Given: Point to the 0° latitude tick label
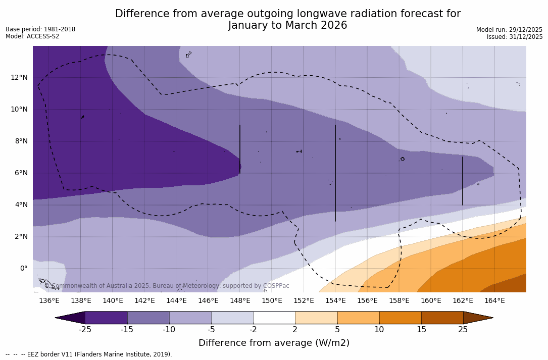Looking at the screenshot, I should [x=23, y=269].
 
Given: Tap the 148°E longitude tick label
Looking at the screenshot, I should [x=240, y=301].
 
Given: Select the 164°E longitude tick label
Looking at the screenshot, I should [x=494, y=301].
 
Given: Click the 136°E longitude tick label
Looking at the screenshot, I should [x=49, y=301].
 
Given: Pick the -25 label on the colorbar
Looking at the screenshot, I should [x=85, y=330].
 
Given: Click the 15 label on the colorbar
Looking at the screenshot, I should [x=421, y=330].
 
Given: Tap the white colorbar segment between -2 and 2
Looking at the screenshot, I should [x=274, y=318].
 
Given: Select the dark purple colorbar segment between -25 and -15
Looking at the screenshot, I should [x=106, y=318].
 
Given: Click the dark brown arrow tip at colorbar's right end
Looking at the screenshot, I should [x=477, y=318].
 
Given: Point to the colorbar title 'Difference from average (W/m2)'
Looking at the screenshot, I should [x=274, y=343].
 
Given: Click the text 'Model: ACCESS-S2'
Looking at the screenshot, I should [x=32, y=36].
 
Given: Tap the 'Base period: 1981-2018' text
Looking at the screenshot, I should [x=40, y=29].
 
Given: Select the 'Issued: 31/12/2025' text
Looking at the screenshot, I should [x=515, y=37].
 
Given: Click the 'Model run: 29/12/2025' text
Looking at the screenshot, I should [x=509, y=30].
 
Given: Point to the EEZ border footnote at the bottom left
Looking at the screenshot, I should [x=89, y=354].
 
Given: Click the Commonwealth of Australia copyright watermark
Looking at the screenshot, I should [x=167, y=286].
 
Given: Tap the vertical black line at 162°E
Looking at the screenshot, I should [x=463, y=181].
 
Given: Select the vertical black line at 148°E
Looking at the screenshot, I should [x=240, y=149].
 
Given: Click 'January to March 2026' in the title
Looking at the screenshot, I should [x=287, y=25].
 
